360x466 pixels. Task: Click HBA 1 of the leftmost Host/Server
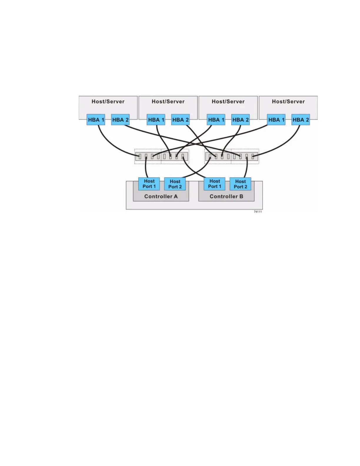(x=96, y=120)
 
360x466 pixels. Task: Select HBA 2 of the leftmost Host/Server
(x=120, y=120)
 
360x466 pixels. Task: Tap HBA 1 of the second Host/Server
(x=156, y=120)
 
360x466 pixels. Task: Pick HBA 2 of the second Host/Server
(x=180, y=120)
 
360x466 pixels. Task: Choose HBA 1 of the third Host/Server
(x=216, y=120)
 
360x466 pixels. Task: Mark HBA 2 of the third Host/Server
(x=240, y=120)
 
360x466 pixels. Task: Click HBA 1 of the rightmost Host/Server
(x=276, y=120)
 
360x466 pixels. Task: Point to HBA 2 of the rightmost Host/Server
(x=301, y=120)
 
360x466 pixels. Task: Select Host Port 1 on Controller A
(x=149, y=184)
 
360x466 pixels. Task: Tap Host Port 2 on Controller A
(x=175, y=184)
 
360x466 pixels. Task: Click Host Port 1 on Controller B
(x=214, y=184)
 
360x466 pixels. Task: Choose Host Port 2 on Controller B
(x=240, y=184)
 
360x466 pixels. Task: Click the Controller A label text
(x=161, y=197)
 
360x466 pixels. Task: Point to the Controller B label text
(x=226, y=197)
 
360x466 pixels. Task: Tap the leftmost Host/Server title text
(x=108, y=101)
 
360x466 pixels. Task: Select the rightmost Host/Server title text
(x=288, y=101)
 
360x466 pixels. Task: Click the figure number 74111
(x=258, y=212)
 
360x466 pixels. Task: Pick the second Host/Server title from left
(x=168, y=101)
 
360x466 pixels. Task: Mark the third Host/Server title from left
(x=228, y=101)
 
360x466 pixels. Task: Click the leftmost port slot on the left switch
(x=140, y=157)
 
